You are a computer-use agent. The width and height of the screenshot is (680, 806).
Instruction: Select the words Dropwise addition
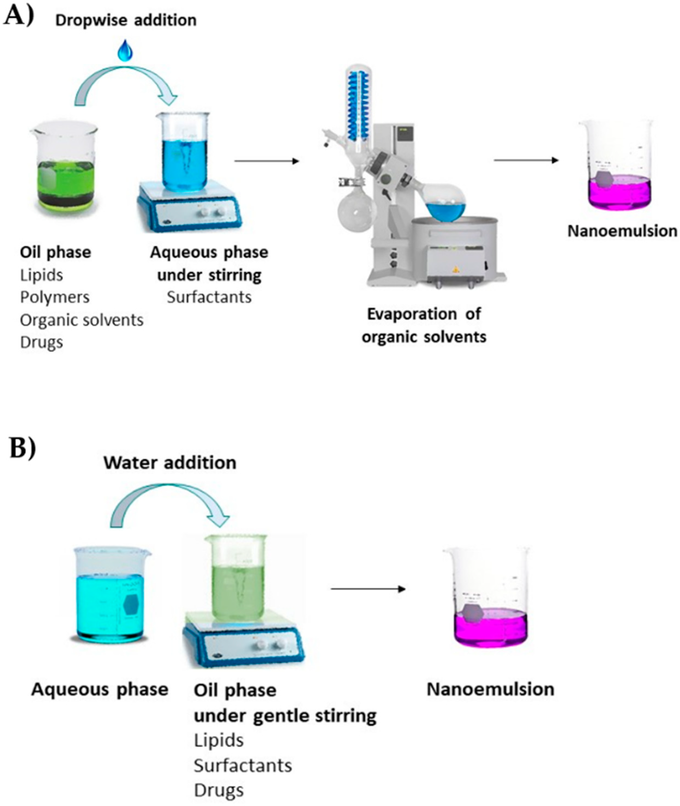(x=126, y=20)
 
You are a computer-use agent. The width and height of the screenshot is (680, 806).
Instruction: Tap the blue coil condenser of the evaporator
(x=359, y=100)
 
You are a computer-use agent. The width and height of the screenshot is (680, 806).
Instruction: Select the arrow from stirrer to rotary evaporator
(x=267, y=161)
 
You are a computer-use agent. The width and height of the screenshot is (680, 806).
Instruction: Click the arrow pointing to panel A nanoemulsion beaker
(x=526, y=160)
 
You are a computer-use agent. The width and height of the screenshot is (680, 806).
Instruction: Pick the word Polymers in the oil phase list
(x=55, y=297)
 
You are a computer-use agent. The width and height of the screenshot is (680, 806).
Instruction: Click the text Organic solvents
(x=81, y=320)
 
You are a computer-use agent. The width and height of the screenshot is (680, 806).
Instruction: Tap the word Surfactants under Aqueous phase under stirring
(x=209, y=297)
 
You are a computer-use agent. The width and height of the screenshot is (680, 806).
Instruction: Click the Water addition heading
(x=170, y=463)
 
